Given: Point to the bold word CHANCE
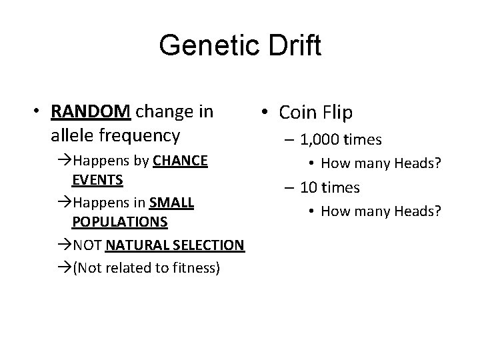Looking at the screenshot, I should [180, 161].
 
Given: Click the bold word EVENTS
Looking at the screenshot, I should [97, 181].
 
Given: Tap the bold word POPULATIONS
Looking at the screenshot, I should [120, 221].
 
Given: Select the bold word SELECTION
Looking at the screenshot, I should [208, 245].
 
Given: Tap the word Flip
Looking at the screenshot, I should [337, 113].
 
